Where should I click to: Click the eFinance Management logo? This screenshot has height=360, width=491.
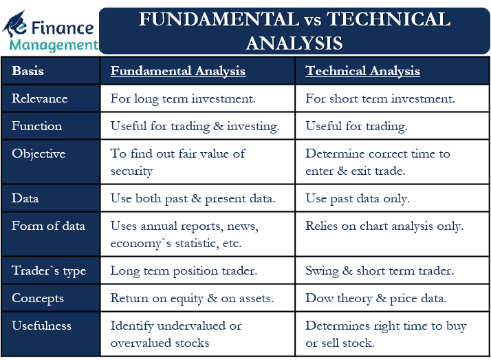[50, 31]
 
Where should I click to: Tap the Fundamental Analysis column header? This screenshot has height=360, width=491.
[178, 71]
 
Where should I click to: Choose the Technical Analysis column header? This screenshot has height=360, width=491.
[362, 71]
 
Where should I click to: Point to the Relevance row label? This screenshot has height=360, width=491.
[40, 98]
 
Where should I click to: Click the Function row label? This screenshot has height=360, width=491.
[37, 126]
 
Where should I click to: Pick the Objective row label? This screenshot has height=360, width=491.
[39, 153]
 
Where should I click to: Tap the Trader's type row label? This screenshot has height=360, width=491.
[49, 271]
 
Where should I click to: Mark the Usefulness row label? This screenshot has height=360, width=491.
[41, 326]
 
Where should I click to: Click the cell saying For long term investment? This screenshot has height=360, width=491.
[183, 98]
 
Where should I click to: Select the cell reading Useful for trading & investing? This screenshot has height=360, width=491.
[195, 126]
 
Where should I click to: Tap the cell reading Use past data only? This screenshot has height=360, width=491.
[358, 198]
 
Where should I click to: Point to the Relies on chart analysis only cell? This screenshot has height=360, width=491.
[384, 226]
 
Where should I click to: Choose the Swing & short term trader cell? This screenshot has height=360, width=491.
[380, 271]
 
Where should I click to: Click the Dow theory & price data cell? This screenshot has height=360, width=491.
[377, 298]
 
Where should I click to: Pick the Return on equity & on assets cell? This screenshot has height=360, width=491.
[192, 298]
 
